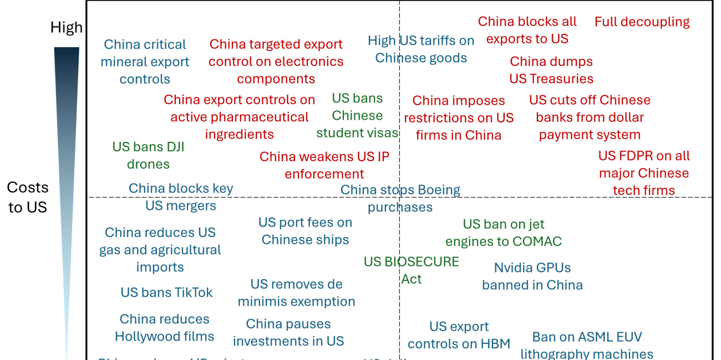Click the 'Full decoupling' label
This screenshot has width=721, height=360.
[642, 22]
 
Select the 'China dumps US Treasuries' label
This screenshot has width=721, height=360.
[551, 70]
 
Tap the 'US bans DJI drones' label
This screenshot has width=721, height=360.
[148, 156]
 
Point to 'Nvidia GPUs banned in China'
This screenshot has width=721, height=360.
[532, 276]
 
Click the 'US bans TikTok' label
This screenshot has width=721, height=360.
[166, 292]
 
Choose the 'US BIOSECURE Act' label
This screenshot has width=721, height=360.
[412, 270]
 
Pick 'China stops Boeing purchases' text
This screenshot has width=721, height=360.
[400, 198]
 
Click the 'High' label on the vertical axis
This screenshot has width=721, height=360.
[67, 27]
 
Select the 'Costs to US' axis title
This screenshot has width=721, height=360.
[28, 197]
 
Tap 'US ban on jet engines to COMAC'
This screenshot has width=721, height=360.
[504, 233]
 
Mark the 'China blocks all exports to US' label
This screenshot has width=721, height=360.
[527, 30]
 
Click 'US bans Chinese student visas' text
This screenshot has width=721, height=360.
[357, 116]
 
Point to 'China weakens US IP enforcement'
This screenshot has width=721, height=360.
[324, 165]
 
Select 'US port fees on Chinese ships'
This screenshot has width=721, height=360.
[305, 231]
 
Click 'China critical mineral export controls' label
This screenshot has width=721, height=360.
[145, 61]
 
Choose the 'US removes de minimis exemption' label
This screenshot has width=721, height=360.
[296, 293]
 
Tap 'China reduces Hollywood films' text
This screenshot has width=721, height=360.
[164, 328]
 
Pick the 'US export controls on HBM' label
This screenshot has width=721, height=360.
[459, 335]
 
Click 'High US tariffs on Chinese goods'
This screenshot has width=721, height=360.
[421, 49]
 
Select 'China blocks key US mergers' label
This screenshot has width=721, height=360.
[181, 197]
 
